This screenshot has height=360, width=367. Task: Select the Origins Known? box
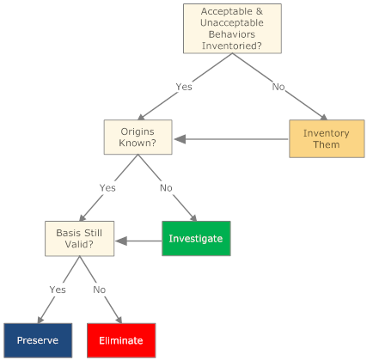(138, 137)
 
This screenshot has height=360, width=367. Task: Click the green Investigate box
(196, 239)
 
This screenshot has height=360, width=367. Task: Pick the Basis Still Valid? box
(80, 239)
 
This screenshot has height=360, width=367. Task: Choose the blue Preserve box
(37, 340)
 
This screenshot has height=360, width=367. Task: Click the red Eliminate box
(121, 340)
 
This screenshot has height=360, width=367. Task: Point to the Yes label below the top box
(184, 86)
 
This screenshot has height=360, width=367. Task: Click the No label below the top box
(278, 86)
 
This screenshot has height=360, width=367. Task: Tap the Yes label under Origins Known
(107, 187)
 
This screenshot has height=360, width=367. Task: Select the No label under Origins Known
(167, 187)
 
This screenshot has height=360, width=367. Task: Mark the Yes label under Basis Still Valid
(58, 290)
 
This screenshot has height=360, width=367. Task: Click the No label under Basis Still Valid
(100, 290)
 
